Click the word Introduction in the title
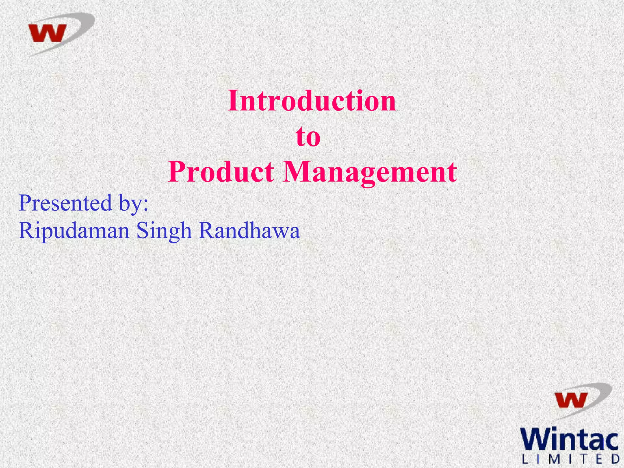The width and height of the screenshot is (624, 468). click(311, 101)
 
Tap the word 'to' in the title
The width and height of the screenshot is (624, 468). click(308, 137)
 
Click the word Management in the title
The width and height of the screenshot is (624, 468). click(370, 172)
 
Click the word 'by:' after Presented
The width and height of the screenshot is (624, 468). click(133, 204)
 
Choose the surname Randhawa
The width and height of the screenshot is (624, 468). click(249, 230)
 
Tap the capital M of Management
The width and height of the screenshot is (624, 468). click(296, 172)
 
